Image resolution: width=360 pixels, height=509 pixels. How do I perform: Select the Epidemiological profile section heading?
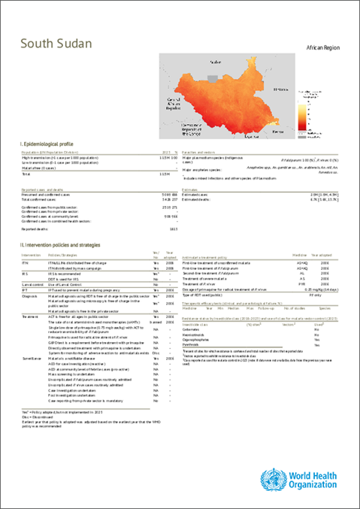pyautogui.click(x=47, y=143)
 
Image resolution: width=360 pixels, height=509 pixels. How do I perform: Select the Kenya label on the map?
pyautogui.click(x=277, y=129)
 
